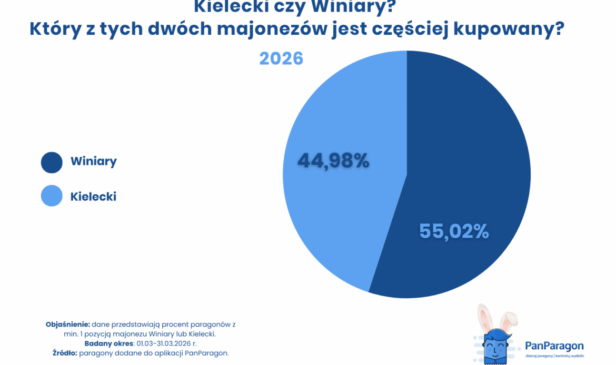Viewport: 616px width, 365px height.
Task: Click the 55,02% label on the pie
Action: coord(454,231)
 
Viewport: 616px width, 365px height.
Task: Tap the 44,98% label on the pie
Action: coord(333,161)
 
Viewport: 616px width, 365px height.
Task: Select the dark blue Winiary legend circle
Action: coord(52,162)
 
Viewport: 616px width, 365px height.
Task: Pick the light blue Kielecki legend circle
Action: coord(52,196)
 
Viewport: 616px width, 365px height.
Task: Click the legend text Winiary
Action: coord(94,161)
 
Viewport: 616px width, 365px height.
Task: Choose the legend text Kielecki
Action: coord(93,197)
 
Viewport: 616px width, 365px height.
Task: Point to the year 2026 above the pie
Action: coord(281,58)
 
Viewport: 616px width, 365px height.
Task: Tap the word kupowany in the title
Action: coord(509,30)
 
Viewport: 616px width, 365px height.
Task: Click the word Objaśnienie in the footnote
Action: coord(68,325)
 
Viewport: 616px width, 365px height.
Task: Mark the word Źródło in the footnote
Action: coord(64,353)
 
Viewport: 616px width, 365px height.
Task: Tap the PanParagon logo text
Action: coord(554,346)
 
